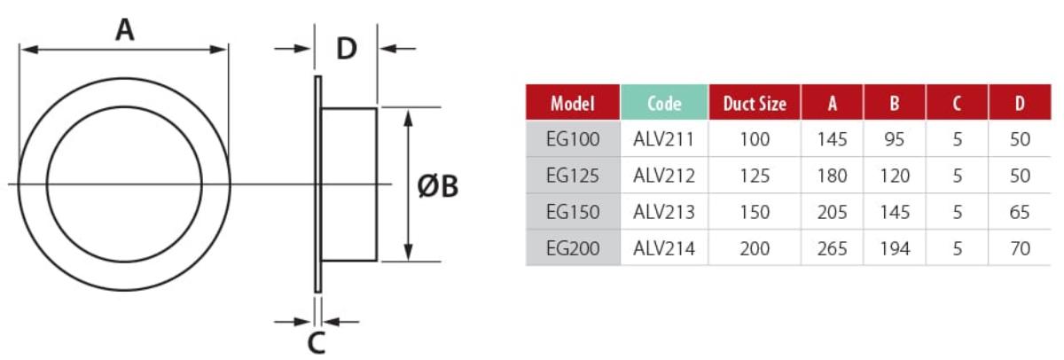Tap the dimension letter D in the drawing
(346, 49)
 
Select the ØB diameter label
(437, 186)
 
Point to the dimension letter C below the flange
(317, 342)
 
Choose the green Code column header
(664, 103)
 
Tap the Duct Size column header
(755, 103)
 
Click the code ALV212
(663, 176)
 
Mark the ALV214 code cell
(663, 249)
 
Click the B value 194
(895, 249)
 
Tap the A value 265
(833, 249)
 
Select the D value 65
(1020, 213)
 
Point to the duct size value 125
(755, 176)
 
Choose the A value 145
(833, 139)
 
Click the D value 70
(1020, 249)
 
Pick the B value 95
(895, 139)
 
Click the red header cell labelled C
(958, 103)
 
